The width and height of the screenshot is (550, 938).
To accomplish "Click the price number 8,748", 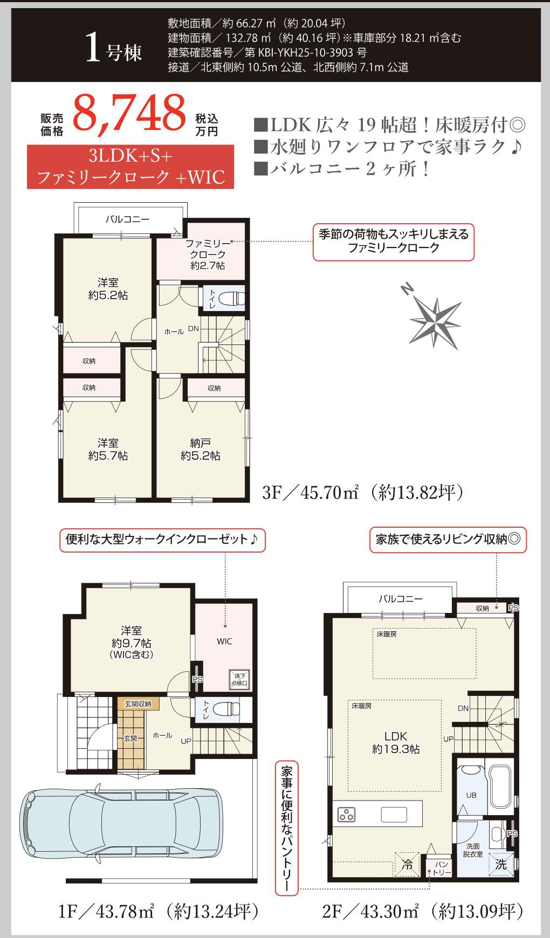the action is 129,113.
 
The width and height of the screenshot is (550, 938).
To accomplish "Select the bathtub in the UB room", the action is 500,787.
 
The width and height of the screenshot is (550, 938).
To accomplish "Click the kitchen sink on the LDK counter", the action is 394,814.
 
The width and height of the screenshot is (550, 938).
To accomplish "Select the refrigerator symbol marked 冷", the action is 407,864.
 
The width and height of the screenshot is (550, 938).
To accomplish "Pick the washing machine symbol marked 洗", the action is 501,864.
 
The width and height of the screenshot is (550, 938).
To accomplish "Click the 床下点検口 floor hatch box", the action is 239,679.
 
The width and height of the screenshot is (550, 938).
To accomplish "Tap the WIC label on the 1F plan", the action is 224,642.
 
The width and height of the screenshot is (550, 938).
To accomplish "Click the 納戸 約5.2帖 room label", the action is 200,450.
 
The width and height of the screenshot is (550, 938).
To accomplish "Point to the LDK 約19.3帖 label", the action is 396,742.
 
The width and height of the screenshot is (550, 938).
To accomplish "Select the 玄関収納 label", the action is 137,704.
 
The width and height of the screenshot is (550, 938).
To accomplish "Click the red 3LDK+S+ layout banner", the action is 130,167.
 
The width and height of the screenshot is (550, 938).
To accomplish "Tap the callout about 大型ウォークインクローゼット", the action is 162,540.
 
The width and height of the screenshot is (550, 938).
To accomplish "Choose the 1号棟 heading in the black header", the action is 114,51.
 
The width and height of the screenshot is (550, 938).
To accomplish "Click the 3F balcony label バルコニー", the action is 128,219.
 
